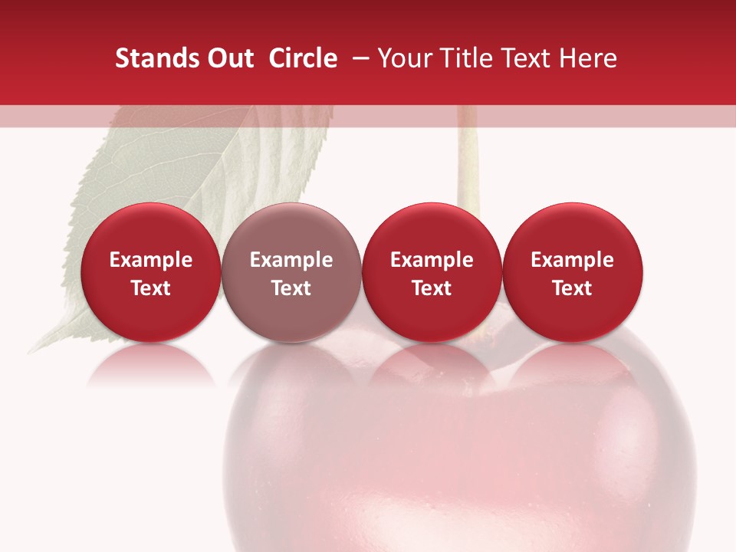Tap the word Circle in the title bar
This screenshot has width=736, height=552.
303,58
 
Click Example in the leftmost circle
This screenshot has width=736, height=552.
150,260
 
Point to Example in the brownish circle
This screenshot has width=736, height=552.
291,260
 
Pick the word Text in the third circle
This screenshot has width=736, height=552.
432,288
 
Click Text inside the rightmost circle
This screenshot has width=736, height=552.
572,288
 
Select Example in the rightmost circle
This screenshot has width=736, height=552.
572,260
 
